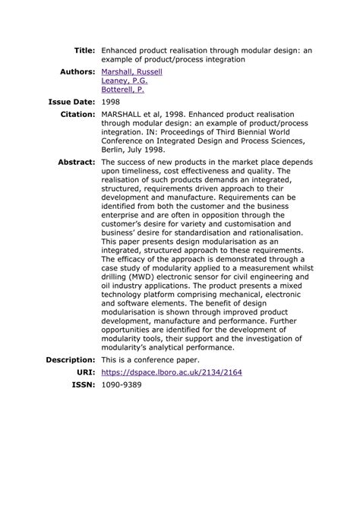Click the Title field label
(x=84, y=49)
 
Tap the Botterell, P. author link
(x=123, y=89)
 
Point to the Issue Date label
(x=71, y=101)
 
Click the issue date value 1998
(x=111, y=101)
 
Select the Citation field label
(x=77, y=113)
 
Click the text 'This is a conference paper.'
(x=150, y=359)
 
